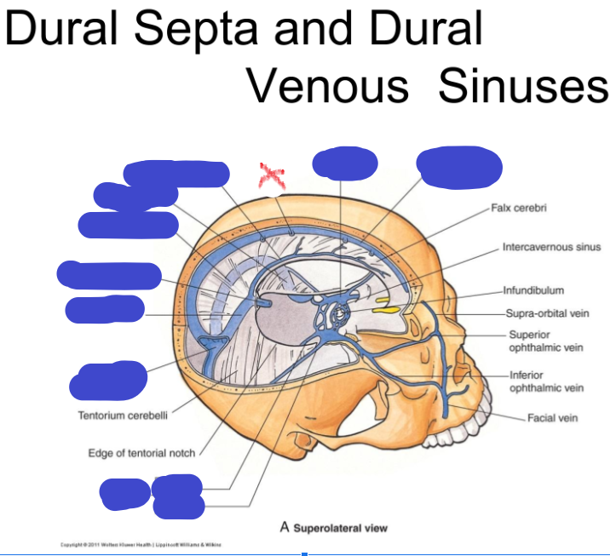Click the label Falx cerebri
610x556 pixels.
click(x=519, y=208)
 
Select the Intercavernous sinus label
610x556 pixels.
click(x=551, y=248)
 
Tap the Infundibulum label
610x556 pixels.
click(x=533, y=290)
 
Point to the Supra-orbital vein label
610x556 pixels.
click(x=547, y=313)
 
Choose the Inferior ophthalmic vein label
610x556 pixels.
click(x=546, y=381)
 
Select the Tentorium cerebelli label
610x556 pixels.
click(x=123, y=416)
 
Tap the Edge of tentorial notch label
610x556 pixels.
click(x=141, y=453)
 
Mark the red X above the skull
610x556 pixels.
click(x=272, y=177)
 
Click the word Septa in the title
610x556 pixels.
click(x=190, y=30)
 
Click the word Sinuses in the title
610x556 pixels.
click(x=523, y=85)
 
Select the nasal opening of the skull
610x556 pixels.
click(x=451, y=375)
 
